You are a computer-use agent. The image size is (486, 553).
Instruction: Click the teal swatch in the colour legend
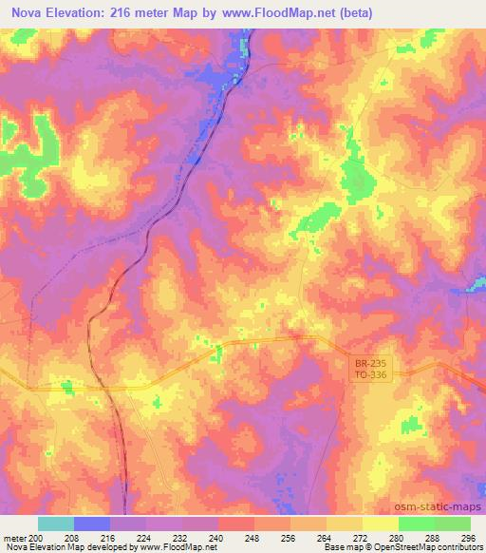click(55, 524)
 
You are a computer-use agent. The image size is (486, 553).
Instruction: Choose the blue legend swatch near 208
click(91, 524)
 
